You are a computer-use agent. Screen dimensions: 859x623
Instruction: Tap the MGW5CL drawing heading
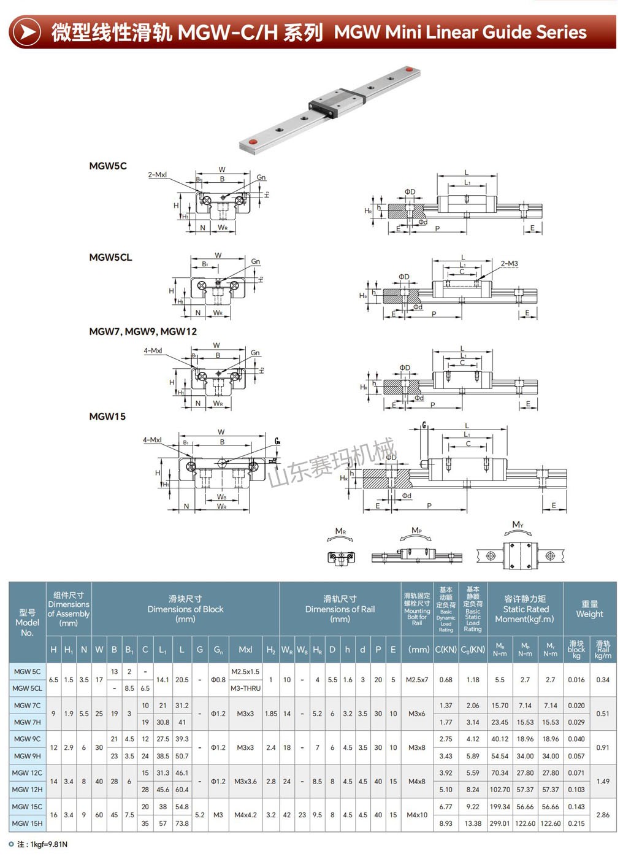point(110,257)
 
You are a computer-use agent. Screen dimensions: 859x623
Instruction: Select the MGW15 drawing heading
point(107,417)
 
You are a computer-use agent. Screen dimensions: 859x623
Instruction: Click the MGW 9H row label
point(28,756)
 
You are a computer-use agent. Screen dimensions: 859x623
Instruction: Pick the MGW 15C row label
point(28,807)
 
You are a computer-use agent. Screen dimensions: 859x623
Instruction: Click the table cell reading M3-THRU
point(245,688)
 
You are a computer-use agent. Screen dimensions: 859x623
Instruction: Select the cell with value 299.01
point(500,823)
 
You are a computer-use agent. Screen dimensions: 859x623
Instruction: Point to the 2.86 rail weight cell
point(603,815)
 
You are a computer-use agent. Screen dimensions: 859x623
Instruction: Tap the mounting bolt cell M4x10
point(417,815)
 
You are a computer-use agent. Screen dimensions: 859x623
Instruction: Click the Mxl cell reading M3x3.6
point(245,781)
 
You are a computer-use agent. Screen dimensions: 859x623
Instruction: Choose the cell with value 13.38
point(473,823)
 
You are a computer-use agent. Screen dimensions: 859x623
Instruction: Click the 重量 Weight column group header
point(589,609)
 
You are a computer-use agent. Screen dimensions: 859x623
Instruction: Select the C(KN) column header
point(446,649)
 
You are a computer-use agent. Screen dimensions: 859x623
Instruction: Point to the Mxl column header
point(245,649)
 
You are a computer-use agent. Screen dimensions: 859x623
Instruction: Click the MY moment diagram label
point(518,525)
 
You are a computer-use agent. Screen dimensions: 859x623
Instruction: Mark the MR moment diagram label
point(340,531)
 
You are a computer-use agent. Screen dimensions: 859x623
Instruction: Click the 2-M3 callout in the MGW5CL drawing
point(509,264)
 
